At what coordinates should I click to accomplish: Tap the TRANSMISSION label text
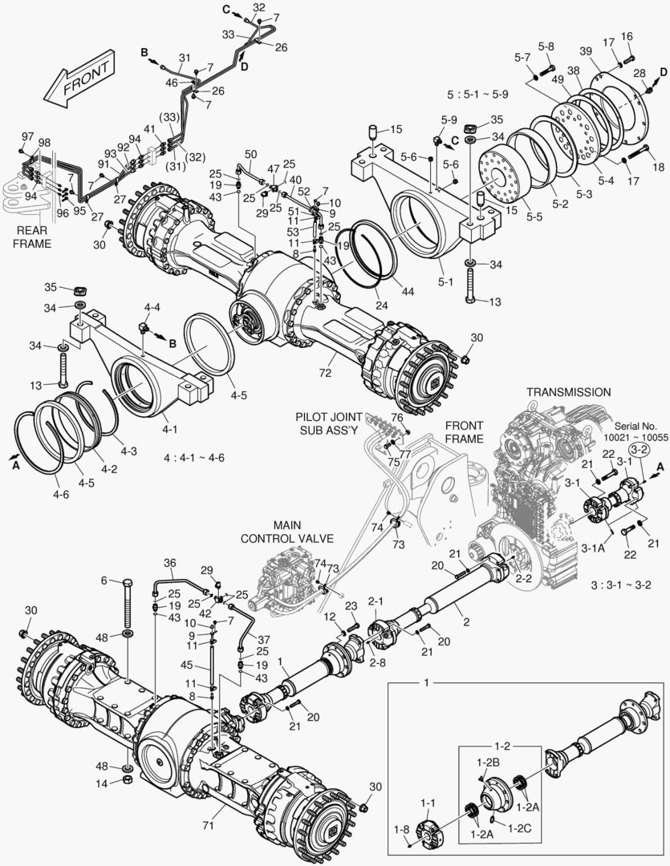(568, 392)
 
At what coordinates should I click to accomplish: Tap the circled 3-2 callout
(639, 451)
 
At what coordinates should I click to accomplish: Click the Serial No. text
(636, 426)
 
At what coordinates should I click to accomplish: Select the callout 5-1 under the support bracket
(445, 282)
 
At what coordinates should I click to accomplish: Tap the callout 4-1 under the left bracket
(169, 430)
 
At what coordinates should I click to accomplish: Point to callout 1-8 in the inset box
(400, 828)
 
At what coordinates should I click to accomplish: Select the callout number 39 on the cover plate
(585, 51)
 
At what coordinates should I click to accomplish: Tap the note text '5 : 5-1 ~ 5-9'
(479, 94)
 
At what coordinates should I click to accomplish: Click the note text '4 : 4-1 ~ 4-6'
(193, 458)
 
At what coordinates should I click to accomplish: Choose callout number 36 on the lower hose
(169, 562)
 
